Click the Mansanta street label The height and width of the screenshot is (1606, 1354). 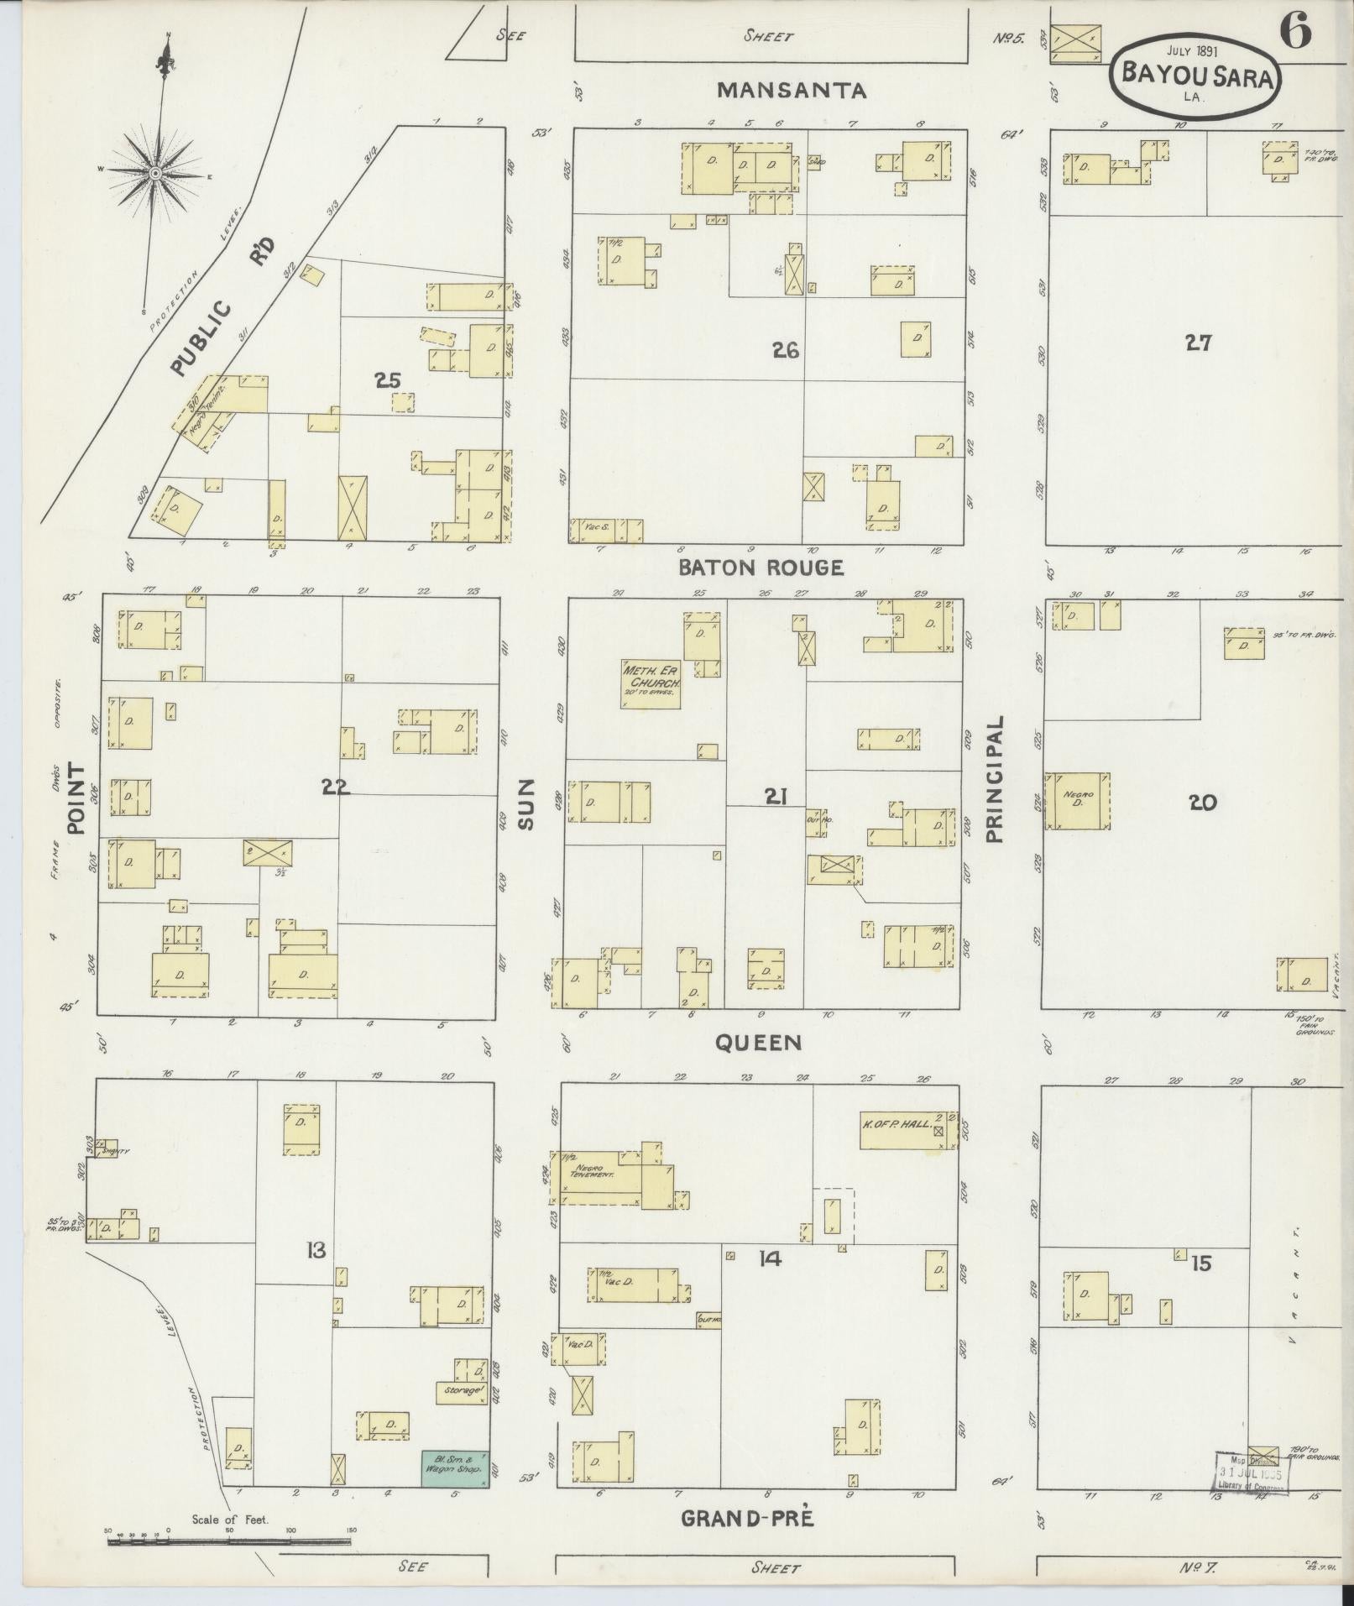click(x=792, y=90)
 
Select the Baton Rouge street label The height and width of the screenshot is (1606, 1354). click(x=761, y=568)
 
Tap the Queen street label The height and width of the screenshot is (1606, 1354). click(x=758, y=1043)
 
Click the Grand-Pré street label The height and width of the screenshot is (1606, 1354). click(x=747, y=1518)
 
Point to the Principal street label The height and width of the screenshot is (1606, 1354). click(x=995, y=778)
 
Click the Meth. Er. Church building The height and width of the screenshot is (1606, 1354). click(x=651, y=683)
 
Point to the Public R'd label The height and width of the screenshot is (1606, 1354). click(x=222, y=311)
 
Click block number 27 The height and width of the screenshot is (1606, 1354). click(x=1198, y=343)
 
